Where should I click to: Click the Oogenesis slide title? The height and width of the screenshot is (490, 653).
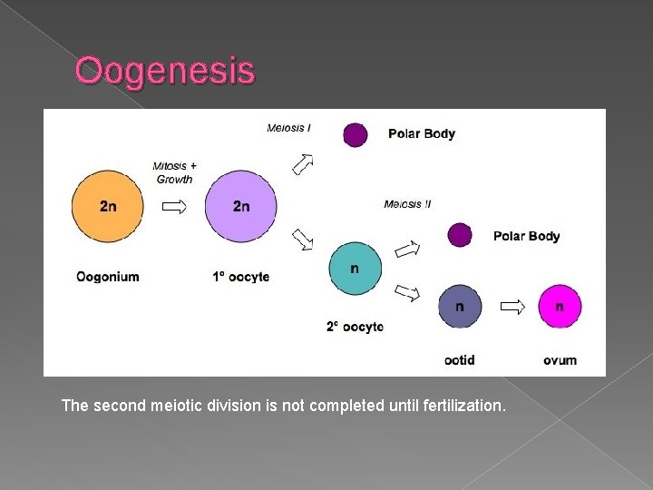point(165,71)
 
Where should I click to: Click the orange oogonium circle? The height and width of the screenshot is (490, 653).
point(108,206)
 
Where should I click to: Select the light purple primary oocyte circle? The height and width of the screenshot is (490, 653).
point(240,206)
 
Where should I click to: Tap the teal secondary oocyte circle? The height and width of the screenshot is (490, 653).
point(355,269)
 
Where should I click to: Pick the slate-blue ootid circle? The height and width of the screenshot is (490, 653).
point(460,307)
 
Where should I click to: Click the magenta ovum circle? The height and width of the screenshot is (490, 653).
point(559,307)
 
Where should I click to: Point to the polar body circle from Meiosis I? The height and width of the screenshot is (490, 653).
point(355,134)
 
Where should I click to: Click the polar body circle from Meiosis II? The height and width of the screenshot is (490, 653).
point(460,236)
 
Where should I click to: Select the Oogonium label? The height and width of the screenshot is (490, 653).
point(108,276)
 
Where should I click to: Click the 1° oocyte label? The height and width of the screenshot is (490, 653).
point(241,276)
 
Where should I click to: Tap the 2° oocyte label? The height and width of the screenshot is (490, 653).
point(355,327)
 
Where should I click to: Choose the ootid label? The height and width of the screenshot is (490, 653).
point(460,360)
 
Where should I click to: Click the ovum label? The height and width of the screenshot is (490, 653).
point(560,360)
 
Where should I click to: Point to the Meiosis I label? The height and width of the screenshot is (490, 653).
point(288,128)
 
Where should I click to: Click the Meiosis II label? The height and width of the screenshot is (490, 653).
point(407,203)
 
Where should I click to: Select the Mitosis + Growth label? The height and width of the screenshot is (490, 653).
point(174,172)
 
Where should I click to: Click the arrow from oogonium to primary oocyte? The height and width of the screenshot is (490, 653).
point(174,207)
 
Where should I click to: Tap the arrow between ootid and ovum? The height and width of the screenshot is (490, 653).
point(512,307)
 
